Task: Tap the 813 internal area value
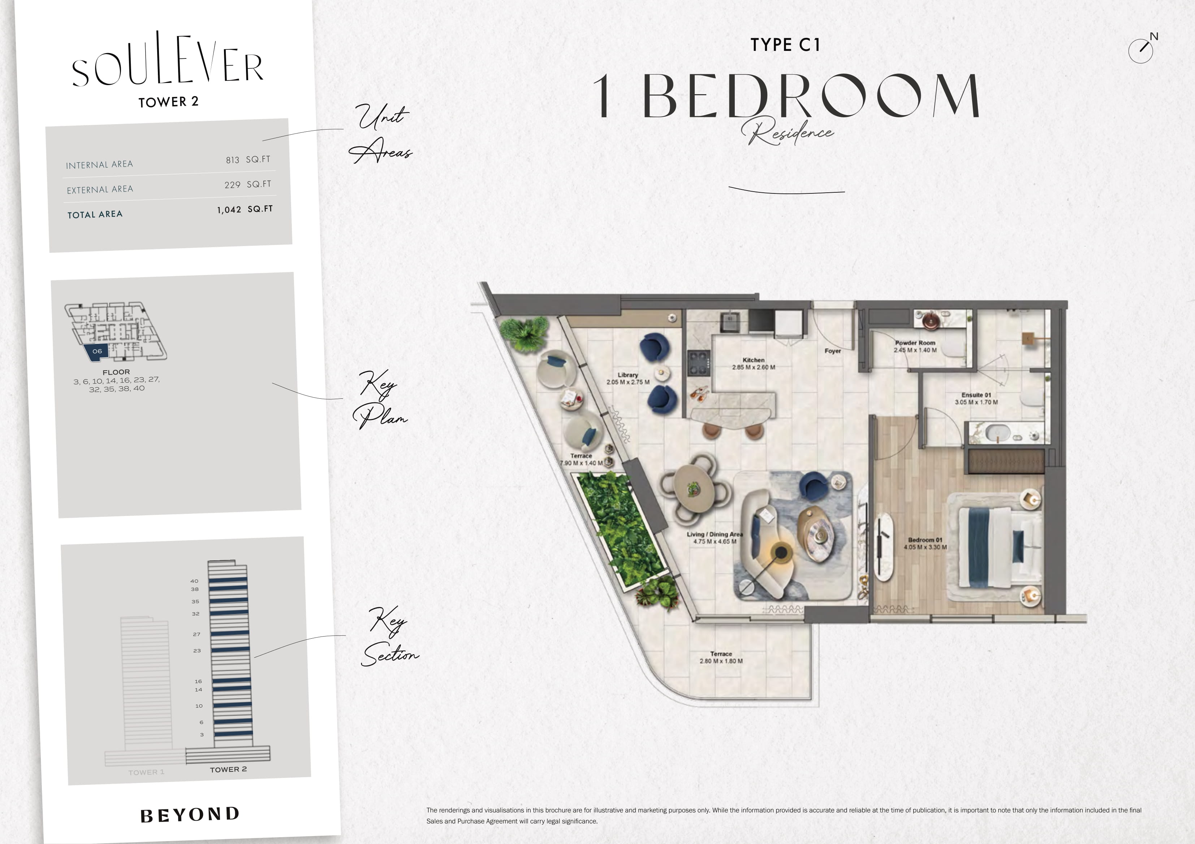[x=233, y=160]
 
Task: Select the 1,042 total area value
[x=229, y=210]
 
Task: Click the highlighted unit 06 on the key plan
[x=97, y=351]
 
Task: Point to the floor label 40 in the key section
[x=194, y=581]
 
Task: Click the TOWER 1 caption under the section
[x=146, y=772]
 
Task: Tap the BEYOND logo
[x=190, y=814]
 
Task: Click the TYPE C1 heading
[x=785, y=45]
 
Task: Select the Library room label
[x=628, y=375]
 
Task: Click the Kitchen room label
[x=754, y=360]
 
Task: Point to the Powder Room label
[x=915, y=343]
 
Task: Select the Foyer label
[x=833, y=351]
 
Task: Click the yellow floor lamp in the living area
[x=780, y=553]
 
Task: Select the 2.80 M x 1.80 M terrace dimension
[x=721, y=661]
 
